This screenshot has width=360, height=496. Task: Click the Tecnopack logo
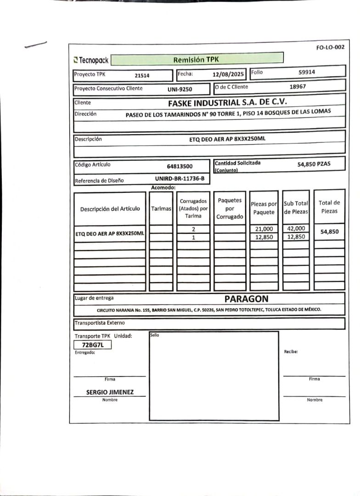click(x=91, y=60)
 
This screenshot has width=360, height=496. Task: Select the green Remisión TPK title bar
click(x=197, y=59)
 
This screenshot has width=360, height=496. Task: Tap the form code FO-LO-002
click(x=330, y=47)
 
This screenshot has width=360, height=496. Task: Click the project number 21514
click(x=142, y=75)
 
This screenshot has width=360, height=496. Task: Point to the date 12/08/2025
click(x=228, y=73)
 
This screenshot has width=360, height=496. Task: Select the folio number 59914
click(x=307, y=72)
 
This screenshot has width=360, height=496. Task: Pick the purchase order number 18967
click(x=298, y=86)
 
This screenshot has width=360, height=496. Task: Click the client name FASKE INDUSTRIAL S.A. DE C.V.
click(x=227, y=102)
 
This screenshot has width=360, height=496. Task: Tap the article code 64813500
click(x=180, y=166)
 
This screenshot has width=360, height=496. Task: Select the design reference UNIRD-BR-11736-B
click(x=180, y=179)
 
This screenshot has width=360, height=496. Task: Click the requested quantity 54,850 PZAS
click(x=314, y=164)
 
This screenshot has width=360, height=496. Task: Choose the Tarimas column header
click(x=161, y=209)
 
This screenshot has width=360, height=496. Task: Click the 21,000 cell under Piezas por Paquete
click(x=264, y=229)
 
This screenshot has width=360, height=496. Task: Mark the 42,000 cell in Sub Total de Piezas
click(x=296, y=228)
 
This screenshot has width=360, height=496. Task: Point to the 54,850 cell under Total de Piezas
click(x=329, y=232)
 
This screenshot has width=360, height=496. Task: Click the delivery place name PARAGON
click(x=246, y=299)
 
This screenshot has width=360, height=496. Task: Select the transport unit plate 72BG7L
click(x=93, y=344)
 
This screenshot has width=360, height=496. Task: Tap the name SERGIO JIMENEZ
click(x=110, y=392)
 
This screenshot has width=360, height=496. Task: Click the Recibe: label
click(x=291, y=352)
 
